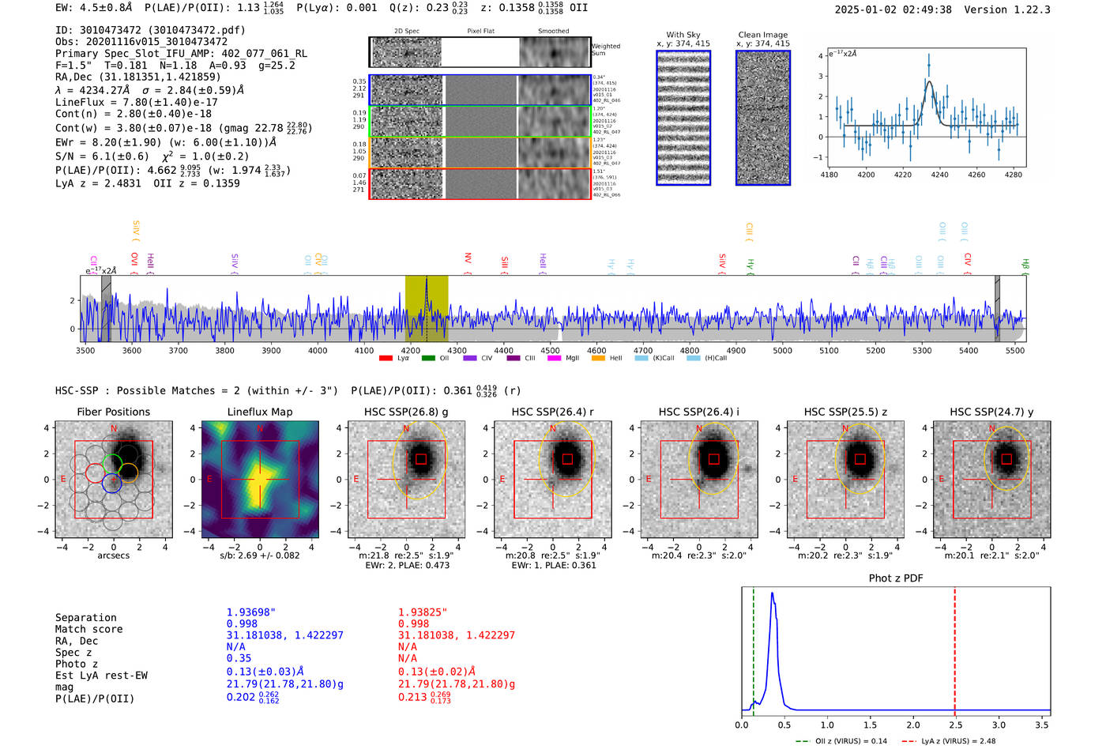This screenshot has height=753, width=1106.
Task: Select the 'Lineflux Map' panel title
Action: (259, 412)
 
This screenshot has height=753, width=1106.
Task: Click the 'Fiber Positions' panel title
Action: (113, 412)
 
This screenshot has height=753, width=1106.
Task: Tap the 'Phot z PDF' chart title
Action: (895, 578)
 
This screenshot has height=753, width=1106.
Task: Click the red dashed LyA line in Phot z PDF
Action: (954, 648)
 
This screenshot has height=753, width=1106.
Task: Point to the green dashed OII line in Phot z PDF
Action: (754, 648)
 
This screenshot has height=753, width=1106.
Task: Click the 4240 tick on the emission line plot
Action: (939, 175)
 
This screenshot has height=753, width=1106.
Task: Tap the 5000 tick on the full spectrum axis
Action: (782, 351)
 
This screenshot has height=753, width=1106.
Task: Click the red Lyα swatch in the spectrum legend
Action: (386, 359)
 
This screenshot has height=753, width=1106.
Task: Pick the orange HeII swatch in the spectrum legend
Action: (598, 359)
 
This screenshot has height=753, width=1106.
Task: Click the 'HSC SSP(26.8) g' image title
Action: (405, 412)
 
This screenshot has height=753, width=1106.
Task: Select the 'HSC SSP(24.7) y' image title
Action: (991, 412)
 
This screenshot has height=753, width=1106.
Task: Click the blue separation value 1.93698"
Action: (250, 612)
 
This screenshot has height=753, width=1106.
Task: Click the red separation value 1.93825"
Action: (422, 612)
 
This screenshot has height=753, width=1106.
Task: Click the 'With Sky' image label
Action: (683, 35)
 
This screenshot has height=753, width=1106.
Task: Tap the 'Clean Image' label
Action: (762, 35)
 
